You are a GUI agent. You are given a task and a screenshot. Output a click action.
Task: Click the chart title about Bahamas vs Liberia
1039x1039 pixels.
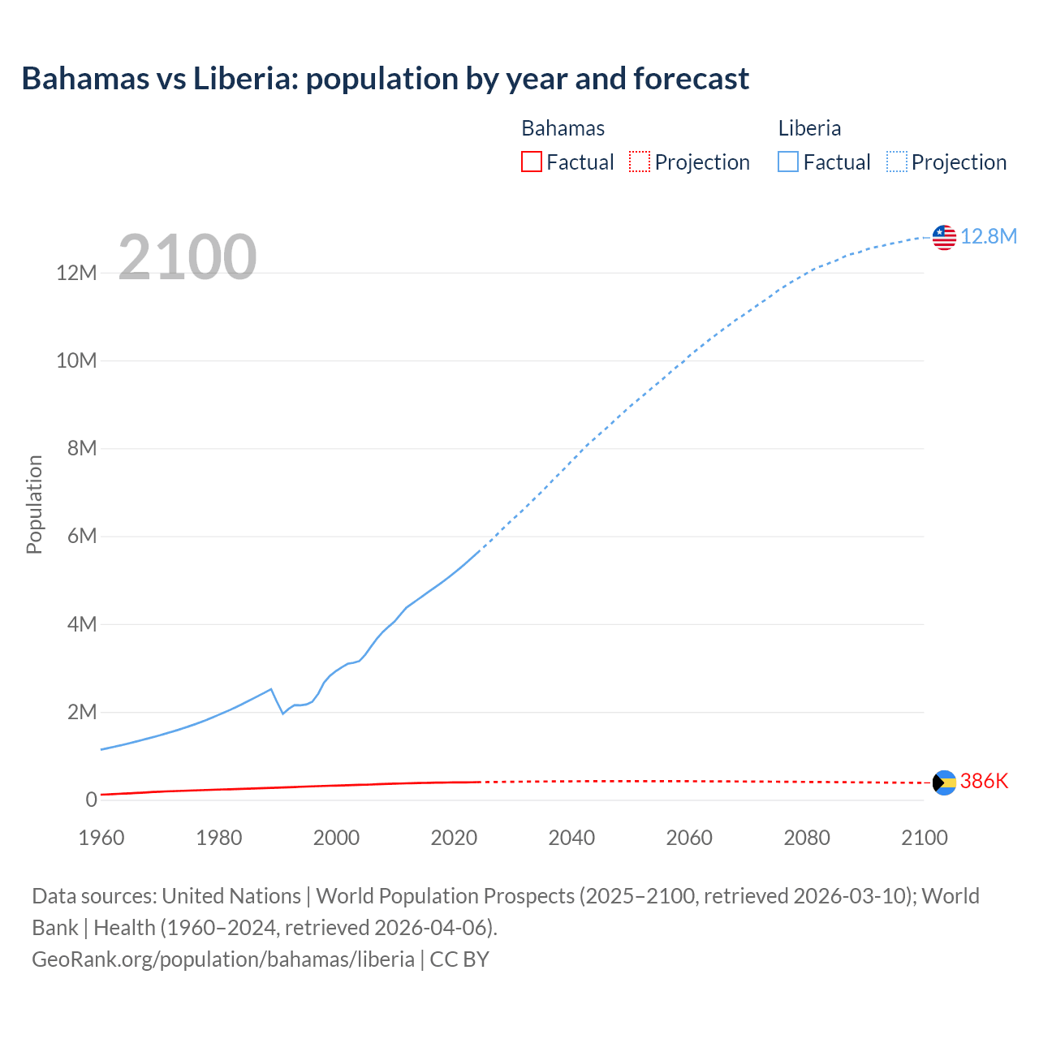click(385, 79)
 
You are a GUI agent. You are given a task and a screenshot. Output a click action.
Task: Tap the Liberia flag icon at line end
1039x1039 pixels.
click(944, 237)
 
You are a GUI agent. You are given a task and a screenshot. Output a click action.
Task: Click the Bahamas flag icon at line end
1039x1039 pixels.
click(944, 782)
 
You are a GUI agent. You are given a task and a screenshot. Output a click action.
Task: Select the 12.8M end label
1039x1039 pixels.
click(988, 236)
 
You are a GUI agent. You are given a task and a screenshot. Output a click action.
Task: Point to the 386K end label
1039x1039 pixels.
click(984, 781)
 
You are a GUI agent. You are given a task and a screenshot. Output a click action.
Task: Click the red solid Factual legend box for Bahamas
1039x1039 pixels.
click(531, 162)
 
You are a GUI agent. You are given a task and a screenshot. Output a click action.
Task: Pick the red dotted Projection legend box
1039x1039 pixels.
click(640, 162)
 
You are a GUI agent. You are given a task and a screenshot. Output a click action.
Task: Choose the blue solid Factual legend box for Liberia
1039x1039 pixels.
click(787, 162)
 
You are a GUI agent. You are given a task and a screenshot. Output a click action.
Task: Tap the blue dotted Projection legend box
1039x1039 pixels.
click(896, 162)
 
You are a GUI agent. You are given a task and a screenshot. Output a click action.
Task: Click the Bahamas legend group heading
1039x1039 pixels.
click(563, 128)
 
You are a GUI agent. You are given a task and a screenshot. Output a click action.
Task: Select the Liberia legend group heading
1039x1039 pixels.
click(809, 128)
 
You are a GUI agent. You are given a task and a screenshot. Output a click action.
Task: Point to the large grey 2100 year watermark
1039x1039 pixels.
click(188, 257)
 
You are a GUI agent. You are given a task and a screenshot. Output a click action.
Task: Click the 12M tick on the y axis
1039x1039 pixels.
click(76, 273)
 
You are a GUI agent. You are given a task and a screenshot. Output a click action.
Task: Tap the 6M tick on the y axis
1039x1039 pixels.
click(81, 537)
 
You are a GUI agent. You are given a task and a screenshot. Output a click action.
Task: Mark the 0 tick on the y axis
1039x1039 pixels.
click(91, 800)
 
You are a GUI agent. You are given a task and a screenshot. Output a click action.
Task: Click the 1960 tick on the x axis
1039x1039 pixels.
click(101, 838)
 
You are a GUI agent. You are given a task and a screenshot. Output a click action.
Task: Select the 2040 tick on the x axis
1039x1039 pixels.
click(571, 838)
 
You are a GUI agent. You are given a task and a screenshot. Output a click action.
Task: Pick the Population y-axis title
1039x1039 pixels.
click(34, 504)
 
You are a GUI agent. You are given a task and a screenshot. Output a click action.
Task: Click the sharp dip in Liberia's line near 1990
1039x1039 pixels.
click(282, 713)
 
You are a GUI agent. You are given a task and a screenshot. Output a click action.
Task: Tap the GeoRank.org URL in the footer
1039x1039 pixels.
click(223, 959)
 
